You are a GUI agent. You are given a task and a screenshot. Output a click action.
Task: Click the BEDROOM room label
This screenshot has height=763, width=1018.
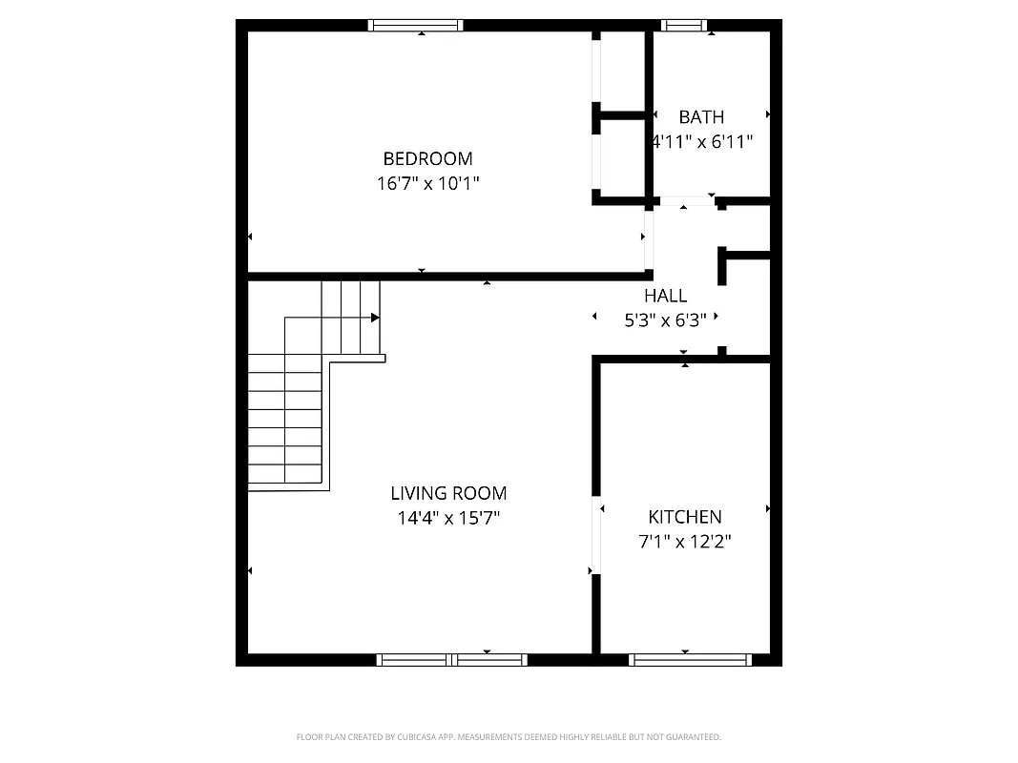point(427,158)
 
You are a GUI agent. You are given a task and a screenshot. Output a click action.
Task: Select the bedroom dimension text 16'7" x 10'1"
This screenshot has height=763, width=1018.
point(427,183)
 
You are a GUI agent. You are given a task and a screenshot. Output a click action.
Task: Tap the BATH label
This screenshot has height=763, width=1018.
point(701,117)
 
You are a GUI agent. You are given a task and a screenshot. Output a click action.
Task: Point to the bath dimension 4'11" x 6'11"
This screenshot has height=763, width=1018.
point(703,142)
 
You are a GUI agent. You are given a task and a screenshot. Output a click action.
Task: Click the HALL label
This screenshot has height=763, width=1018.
point(665,296)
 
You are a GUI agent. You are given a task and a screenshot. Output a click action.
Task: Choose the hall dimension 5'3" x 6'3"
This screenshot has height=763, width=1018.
point(665,320)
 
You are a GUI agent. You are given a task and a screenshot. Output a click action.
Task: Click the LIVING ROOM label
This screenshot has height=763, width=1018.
point(448,493)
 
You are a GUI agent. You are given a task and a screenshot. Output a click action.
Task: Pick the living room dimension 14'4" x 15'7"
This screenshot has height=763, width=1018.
point(448,519)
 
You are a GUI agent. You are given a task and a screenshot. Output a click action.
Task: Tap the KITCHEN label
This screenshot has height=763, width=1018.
point(685,517)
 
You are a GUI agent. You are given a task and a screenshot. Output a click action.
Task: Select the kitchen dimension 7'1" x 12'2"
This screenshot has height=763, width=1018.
point(685,542)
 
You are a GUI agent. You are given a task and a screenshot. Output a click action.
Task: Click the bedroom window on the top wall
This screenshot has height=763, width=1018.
point(416,26)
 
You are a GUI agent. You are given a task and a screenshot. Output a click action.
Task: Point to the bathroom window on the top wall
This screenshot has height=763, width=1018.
point(685,26)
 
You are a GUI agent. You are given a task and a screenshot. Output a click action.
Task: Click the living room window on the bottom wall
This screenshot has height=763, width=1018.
point(452,659)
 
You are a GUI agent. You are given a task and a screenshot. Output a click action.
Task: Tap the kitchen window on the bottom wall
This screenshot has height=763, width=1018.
point(690,659)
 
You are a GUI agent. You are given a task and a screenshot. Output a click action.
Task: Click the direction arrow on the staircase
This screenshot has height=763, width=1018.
point(374,318)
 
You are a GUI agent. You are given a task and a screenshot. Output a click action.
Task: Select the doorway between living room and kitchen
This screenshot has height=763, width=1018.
point(596,535)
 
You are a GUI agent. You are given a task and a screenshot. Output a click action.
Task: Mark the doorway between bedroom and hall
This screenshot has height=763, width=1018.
point(648,238)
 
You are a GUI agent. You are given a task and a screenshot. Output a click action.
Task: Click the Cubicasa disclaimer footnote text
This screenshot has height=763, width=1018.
point(509,737)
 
